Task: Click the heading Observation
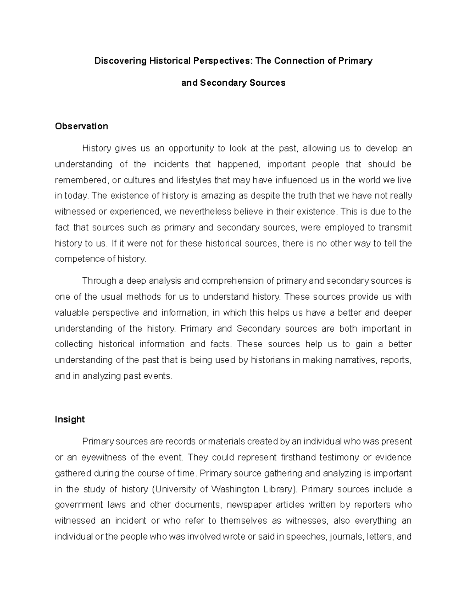[81, 126]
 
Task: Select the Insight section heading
[70, 419]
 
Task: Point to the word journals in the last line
[346, 536]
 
